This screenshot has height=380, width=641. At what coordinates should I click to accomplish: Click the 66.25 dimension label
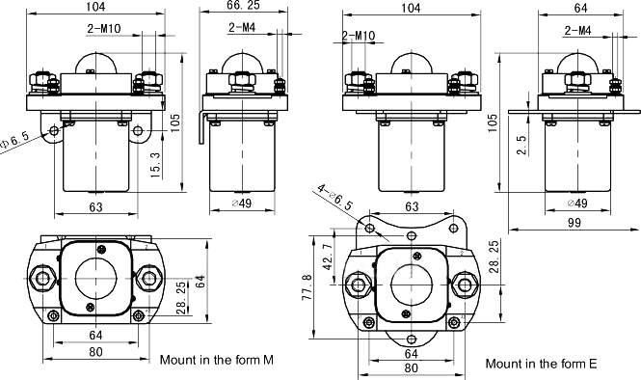(x=244, y=6)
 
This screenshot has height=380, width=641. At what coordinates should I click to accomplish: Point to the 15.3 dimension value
(x=155, y=164)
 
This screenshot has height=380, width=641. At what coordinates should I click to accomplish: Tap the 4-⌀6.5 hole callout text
(x=335, y=197)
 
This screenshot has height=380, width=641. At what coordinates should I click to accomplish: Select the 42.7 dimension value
(x=328, y=258)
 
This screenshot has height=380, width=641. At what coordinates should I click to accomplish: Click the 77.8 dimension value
(x=307, y=287)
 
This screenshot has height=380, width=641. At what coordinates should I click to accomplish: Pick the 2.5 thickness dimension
(x=521, y=145)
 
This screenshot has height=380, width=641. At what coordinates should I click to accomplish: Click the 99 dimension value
(x=574, y=223)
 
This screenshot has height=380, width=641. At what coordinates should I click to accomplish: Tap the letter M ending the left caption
(x=268, y=360)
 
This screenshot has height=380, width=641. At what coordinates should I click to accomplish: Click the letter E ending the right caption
(x=593, y=364)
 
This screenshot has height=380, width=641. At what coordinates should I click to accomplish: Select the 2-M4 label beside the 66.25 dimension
(x=242, y=27)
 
